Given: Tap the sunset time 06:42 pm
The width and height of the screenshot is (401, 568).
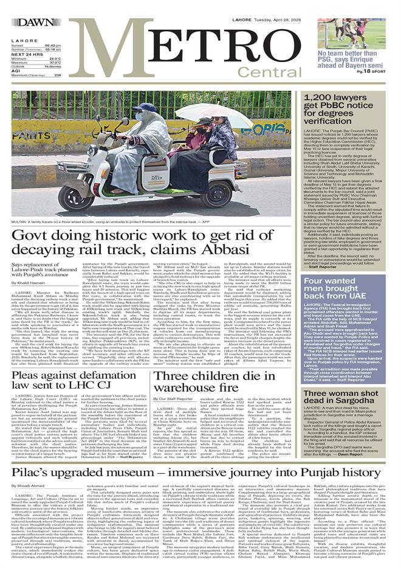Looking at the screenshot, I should (x=52, y=46).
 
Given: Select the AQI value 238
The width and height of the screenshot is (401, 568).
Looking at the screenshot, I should (x=58, y=75).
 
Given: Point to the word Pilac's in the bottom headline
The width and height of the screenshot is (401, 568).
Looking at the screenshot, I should (x=32, y=454).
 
